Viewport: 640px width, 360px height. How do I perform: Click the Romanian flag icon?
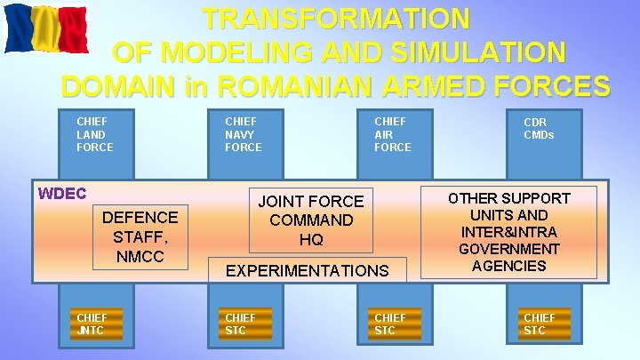pos(34,28)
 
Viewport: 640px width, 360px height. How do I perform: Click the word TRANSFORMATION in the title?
pos(335,18)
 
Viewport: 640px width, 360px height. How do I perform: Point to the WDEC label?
pos(62,193)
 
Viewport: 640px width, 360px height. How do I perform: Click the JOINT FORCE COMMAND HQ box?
pos(311,220)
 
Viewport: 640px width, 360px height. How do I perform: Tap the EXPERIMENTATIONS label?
pos(308,270)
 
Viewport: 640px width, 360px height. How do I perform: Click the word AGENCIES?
pos(509,266)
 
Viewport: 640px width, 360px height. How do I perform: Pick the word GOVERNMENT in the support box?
pos(509,249)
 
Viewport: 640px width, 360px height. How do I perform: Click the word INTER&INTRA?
pos(509,232)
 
